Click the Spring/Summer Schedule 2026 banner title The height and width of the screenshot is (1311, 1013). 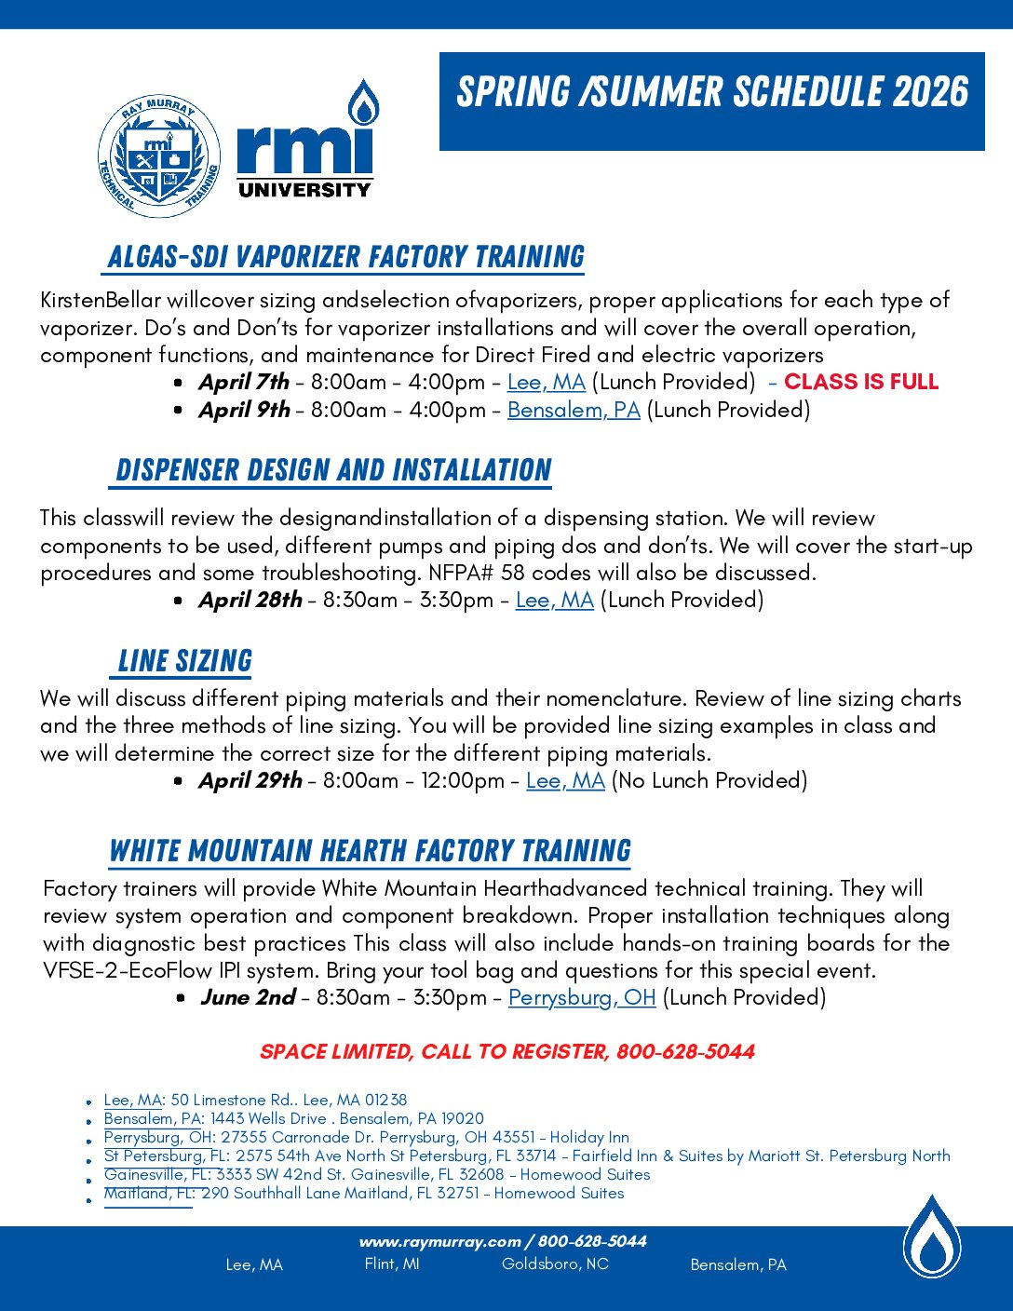pyautogui.click(x=712, y=92)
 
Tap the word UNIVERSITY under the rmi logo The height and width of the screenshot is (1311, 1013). pyautogui.click(x=304, y=190)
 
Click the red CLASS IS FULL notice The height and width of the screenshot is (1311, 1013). pyautogui.click(x=861, y=382)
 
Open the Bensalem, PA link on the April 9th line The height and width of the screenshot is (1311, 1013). pyautogui.click(x=574, y=410)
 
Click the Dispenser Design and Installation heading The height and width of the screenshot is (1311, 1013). pyautogui.click(x=333, y=470)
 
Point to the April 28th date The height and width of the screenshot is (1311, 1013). pyautogui.click(x=250, y=600)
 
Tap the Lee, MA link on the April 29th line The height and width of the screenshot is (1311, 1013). pyautogui.click(x=565, y=780)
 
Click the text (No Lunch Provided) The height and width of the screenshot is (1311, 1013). pyautogui.click(x=709, y=780)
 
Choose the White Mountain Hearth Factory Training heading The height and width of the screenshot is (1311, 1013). pyautogui.click(x=370, y=851)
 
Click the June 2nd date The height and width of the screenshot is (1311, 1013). pyautogui.click(x=248, y=997)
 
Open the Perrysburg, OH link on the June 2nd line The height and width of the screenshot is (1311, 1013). pyautogui.click(x=582, y=997)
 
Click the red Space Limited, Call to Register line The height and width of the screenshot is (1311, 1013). pyautogui.click(x=506, y=1051)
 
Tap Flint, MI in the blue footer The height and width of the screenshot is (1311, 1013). pyautogui.click(x=392, y=1264)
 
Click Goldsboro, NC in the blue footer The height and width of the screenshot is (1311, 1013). pyautogui.click(x=555, y=1264)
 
